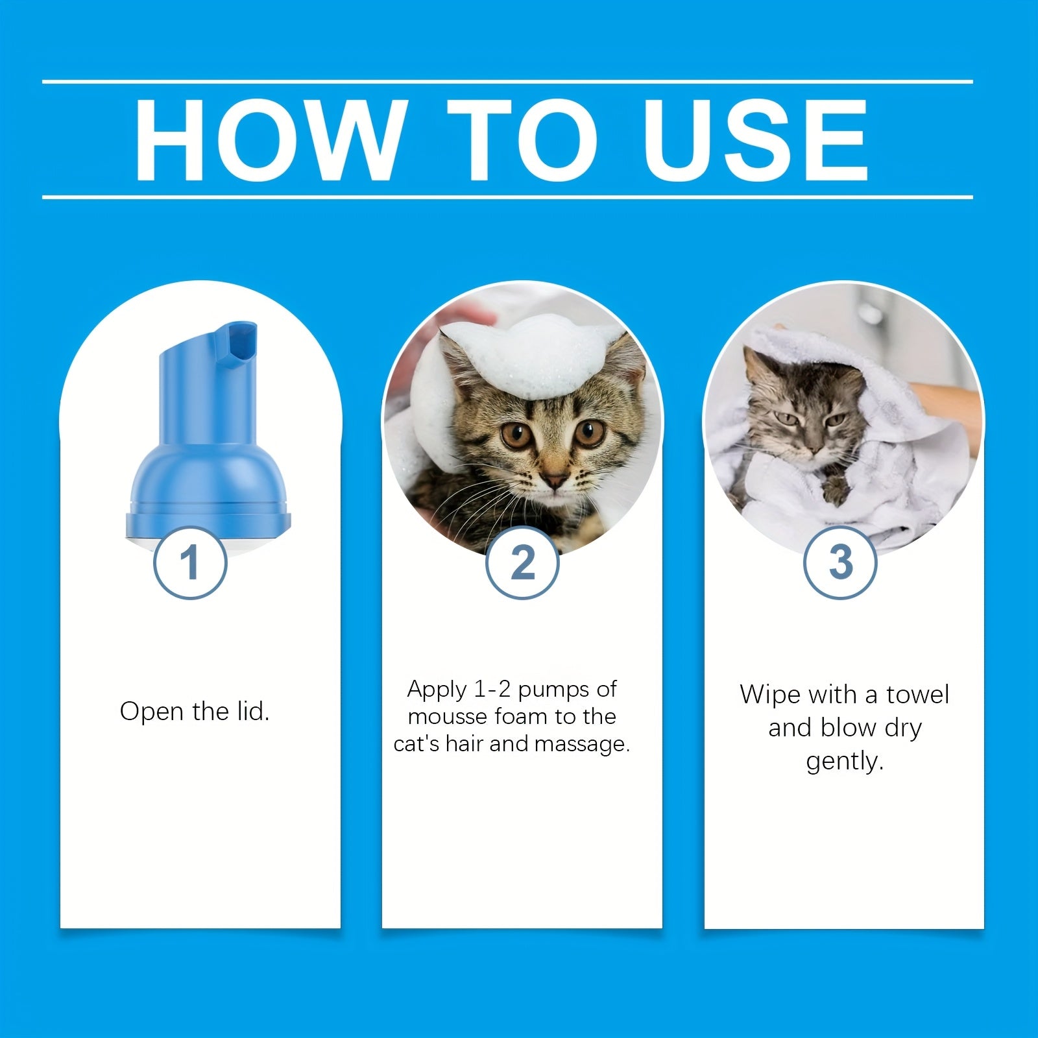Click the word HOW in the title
(267, 139)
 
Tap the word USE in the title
(756, 139)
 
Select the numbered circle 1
(190, 562)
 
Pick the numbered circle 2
(522, 562)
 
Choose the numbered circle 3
(841, 562)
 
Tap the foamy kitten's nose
(555, 480)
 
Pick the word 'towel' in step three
(917, 695)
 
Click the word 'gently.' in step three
(845, 762)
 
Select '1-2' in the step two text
(492, 689)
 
